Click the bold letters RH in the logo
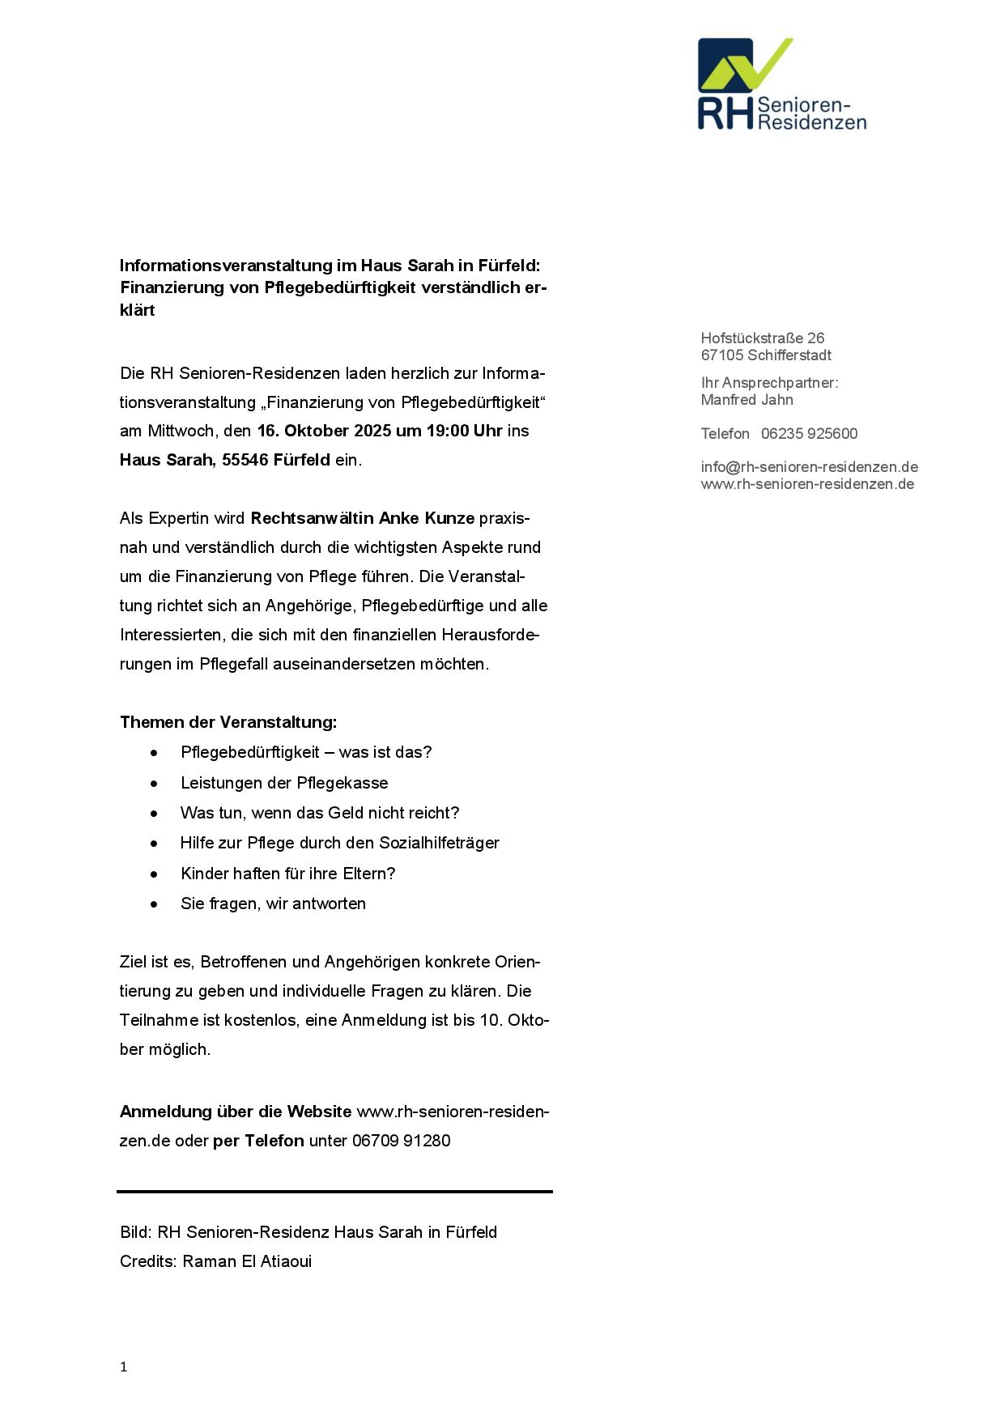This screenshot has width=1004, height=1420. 725,114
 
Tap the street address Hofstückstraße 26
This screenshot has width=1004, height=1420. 762,338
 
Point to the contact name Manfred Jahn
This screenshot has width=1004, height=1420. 747,400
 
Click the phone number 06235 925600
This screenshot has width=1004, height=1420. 809,434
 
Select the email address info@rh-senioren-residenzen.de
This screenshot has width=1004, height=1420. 809,467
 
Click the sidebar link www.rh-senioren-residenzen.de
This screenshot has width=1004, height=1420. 807,484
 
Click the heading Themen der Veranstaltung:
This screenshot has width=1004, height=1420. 228,722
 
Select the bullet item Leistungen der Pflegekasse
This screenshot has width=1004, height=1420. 284,783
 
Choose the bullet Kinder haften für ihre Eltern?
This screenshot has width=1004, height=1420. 287,874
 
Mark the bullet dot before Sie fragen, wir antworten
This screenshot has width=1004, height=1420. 154,904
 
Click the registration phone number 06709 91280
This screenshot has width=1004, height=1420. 401,1141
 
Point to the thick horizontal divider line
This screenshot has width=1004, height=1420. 334,1192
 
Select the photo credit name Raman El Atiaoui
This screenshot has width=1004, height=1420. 247,1261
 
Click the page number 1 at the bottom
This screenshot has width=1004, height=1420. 123,1367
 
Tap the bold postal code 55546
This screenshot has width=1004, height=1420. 245,460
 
